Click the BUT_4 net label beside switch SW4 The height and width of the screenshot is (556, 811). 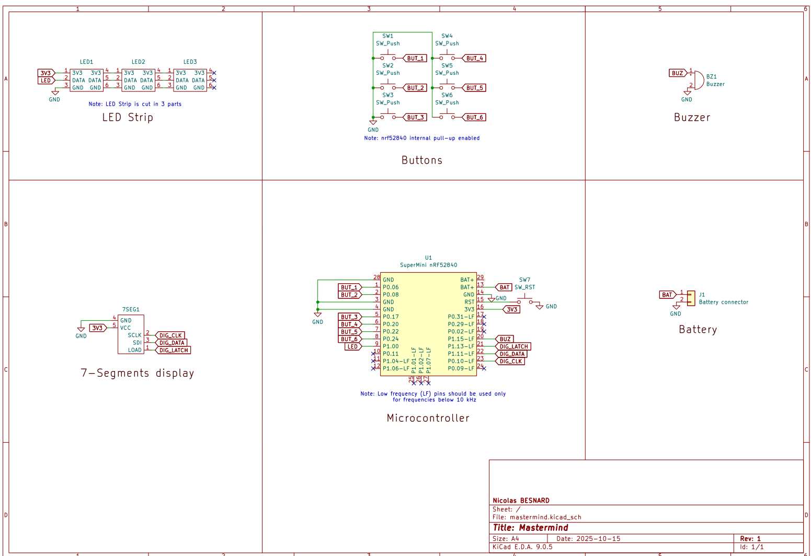pos(475,59)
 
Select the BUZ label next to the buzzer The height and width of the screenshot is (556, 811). pos(678,73)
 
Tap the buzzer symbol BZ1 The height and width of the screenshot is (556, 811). pos(697,80)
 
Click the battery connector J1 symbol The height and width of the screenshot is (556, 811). pos(691,298)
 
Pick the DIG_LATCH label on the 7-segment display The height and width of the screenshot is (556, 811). pos(174,351)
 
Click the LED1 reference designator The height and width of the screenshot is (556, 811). pos(86,62)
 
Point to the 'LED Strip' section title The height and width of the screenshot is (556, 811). pos(128,118)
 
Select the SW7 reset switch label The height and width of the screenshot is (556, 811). pos(524,280)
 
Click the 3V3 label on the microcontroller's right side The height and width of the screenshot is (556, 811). pos(512,309)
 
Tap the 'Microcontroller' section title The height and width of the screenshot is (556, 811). pos(428,418)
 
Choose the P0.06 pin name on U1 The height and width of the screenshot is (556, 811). pos(391,287)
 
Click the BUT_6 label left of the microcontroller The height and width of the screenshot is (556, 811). pos(349,339)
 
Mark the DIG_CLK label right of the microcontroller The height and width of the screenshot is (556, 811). pos(510,362)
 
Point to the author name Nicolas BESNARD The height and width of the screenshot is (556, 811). pos(521,501)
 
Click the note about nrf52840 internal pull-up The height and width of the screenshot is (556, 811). pos(421,138)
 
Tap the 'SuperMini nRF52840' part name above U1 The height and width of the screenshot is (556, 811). pos(428,265)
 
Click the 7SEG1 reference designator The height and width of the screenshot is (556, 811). pos(131,309)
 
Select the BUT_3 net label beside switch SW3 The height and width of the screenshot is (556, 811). pos(416,118)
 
